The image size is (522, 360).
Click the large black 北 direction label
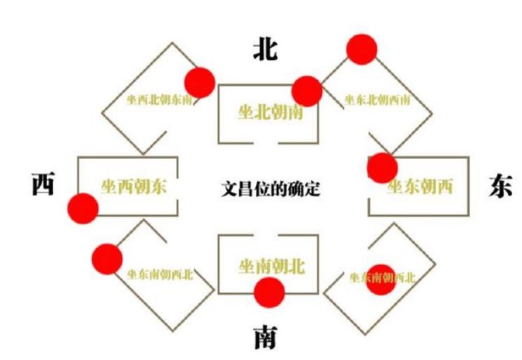coord(265,50)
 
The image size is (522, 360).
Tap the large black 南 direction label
coord(265,340)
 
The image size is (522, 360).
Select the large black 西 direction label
coord(44,185)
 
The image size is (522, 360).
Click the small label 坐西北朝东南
coord(159,100)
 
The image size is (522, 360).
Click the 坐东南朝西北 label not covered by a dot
coord(160,274)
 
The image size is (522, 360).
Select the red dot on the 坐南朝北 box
coord(269,292)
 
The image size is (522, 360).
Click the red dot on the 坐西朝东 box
coord(83,208)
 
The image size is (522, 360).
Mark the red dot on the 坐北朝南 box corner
coord(307,91)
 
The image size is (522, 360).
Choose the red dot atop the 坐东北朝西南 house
coord(362,49)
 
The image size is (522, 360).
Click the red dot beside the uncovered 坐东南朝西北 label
coord(107,258)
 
